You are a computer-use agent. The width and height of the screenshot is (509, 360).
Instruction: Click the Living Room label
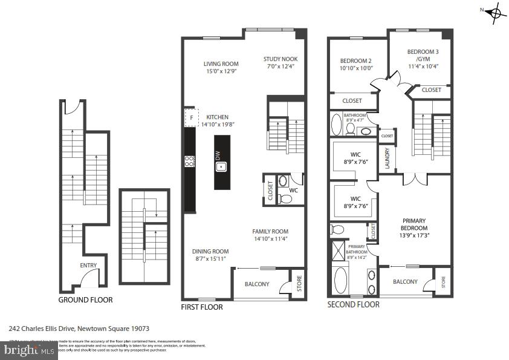(221, 64)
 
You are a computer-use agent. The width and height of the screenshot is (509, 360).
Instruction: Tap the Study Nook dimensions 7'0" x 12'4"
(280, 67)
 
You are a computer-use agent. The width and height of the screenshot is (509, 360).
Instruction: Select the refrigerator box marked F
(192, 117)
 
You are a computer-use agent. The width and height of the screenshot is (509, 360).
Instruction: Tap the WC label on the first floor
(293, 191)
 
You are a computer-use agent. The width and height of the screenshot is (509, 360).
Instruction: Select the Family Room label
(270, 231)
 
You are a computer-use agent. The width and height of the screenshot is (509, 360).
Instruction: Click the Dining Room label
(210, 252)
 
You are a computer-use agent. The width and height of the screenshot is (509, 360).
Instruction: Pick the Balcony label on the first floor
(257, 284)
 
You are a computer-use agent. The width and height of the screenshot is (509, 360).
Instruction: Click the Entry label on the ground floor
(88, 265)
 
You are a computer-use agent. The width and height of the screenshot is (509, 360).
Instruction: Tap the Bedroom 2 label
(355, 61)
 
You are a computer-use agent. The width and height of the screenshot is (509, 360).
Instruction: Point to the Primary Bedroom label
(413, 224)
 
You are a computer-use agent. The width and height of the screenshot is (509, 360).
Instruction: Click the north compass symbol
(495, 13)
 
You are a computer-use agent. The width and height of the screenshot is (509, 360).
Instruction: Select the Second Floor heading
(353, 304)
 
